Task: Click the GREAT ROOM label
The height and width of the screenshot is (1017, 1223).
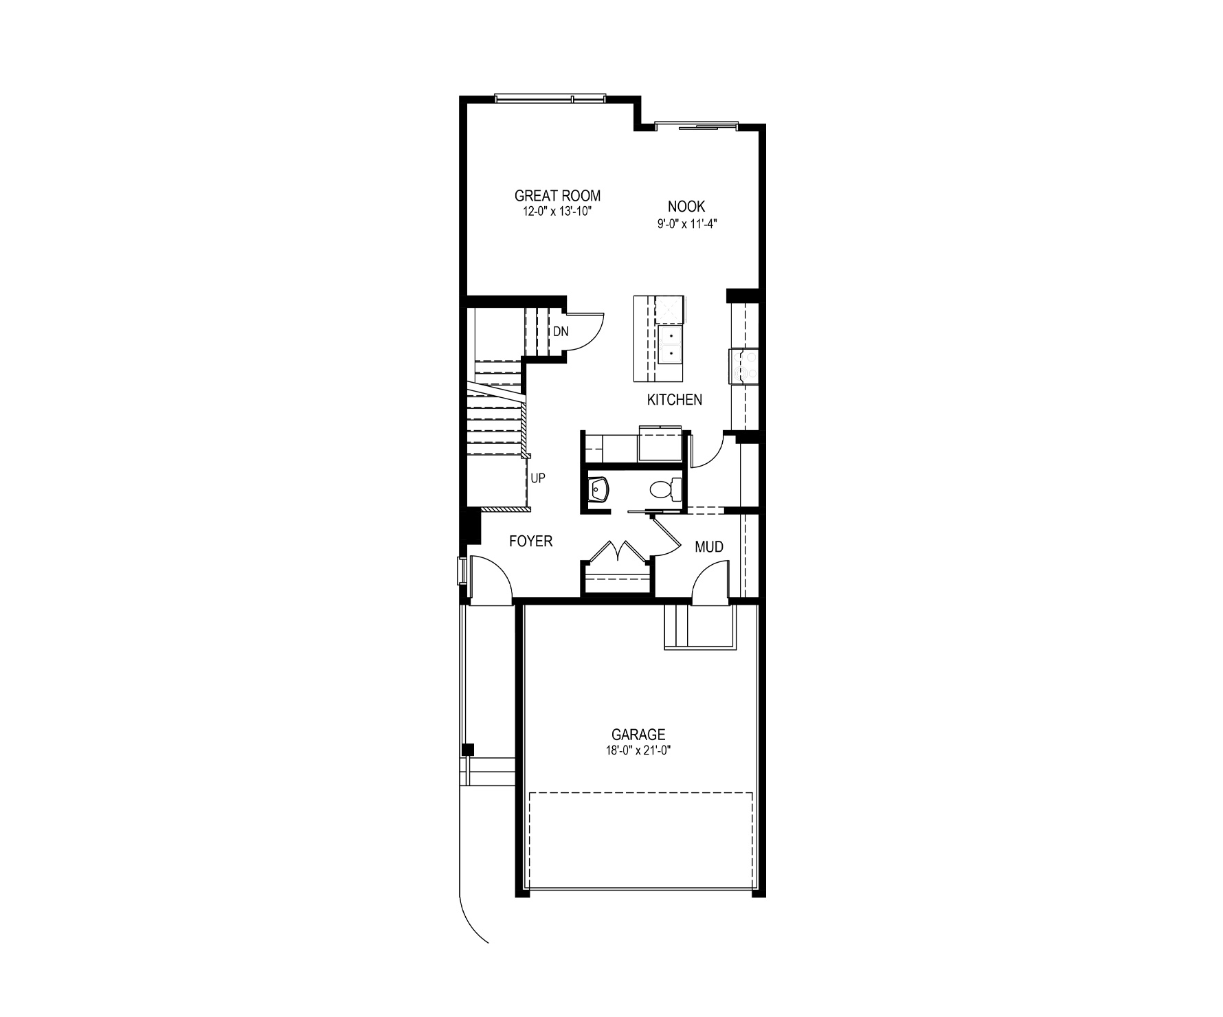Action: tap(557, 196)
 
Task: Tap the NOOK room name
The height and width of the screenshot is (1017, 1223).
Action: tap(686, 206)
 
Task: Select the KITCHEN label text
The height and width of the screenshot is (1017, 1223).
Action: tap(675, 400)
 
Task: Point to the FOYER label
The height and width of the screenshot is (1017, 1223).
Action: tap(530, 541)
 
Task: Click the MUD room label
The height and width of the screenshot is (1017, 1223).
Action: tap(709, 547)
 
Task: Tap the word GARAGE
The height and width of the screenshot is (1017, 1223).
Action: tap(638, 735)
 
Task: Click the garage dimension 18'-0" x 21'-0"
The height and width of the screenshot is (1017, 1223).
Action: tap(638, 750)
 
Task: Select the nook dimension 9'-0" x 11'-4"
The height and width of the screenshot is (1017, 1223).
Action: tap(687, 223)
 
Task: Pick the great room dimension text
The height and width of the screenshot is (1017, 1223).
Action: tap(557, 212)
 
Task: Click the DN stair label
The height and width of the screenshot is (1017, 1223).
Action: tap(561, 331)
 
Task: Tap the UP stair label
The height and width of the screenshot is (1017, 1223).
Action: tap(538, 478)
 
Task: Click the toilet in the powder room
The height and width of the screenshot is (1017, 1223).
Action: tap(664, 489)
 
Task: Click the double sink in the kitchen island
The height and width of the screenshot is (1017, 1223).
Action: tap(669, 344)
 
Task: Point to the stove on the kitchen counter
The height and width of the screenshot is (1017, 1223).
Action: tap(743, 366)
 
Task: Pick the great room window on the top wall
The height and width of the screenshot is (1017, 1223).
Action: tap(550, 99)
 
